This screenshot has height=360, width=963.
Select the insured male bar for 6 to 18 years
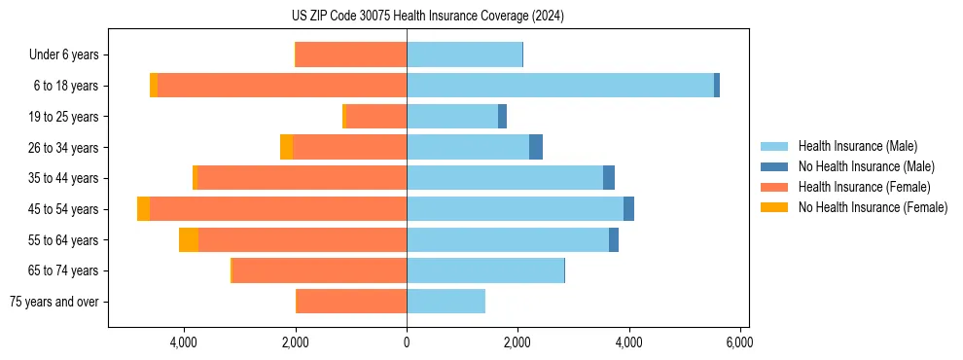click(560, 86)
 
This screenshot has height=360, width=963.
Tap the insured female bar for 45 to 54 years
click(278, 209)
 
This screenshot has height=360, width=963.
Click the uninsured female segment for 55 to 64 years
click(189, 240)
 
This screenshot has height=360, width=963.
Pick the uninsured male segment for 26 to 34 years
click(536, 147)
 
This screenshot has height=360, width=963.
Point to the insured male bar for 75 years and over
click(446, 302)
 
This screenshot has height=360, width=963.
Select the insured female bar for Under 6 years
click(351, 54)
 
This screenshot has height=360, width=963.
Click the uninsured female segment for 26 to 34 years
click(286, 147)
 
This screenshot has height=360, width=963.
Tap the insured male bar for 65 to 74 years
click(485, 270)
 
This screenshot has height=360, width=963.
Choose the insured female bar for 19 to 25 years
click(376, 117)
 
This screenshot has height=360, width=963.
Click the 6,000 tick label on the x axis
click(740, 342)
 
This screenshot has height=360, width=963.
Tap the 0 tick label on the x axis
click(407, 342)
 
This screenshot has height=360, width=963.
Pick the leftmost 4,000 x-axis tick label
click(184, 342)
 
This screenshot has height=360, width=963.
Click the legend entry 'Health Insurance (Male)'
click(857, 146)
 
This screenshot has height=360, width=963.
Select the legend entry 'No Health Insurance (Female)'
click(873, 207)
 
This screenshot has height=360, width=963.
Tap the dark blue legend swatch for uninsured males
click(775, 166)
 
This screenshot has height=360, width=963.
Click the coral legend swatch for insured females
click(775, 187)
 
